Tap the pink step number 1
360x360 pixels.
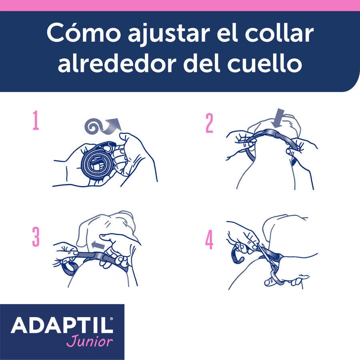tap(36, 122)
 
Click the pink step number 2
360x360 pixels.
tap(209, 124)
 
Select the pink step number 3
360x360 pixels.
tap(36, 238)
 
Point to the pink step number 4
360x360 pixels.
tap(209, 240)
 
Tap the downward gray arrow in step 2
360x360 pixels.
tap(278, 118)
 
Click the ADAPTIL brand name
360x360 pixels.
tap(62, 326)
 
